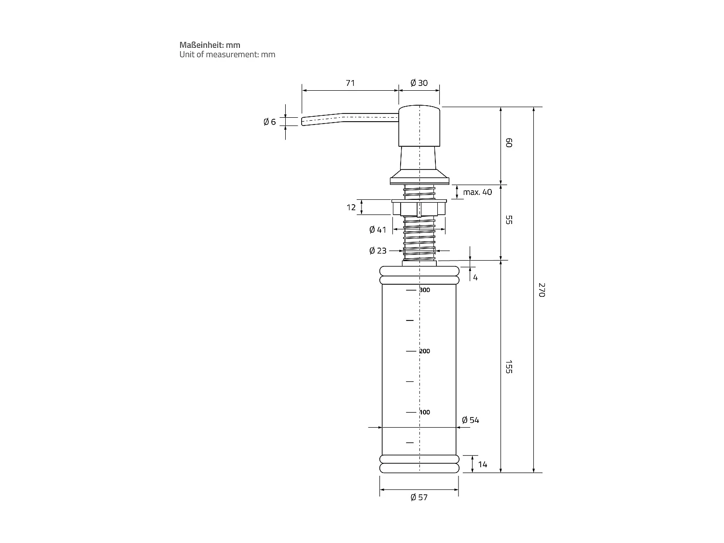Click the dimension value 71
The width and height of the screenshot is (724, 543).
tap(350, 83)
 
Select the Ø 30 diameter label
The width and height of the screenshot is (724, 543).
tap(419, 83)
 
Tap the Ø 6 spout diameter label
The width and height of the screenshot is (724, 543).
tap(269, 122)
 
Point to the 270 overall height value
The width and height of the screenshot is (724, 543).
tap(541, 290)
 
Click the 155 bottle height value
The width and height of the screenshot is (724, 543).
tap(508, 366)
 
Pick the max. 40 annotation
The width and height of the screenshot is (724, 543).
tap(477, 192)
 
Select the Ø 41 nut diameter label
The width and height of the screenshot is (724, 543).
tap(377, 230)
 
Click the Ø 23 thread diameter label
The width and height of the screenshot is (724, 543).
tap(377, 251)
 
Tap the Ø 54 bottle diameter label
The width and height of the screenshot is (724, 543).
tap(470, 420)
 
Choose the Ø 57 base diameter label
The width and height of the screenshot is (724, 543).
tap(419, 497)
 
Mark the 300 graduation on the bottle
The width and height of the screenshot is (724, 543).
tap(424, 290)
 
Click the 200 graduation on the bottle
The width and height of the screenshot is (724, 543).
tap(424, 351)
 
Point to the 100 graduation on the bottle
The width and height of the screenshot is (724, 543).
tap(424, 412)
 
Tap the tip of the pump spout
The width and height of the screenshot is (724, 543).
tap(304, 121)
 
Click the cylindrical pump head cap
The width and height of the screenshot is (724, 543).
tap(419, 125)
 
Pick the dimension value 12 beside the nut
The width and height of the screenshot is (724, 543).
tap(351, 208)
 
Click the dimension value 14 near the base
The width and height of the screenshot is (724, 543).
tap(482, 464)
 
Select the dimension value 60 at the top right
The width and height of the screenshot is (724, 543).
tap(508, 143)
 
